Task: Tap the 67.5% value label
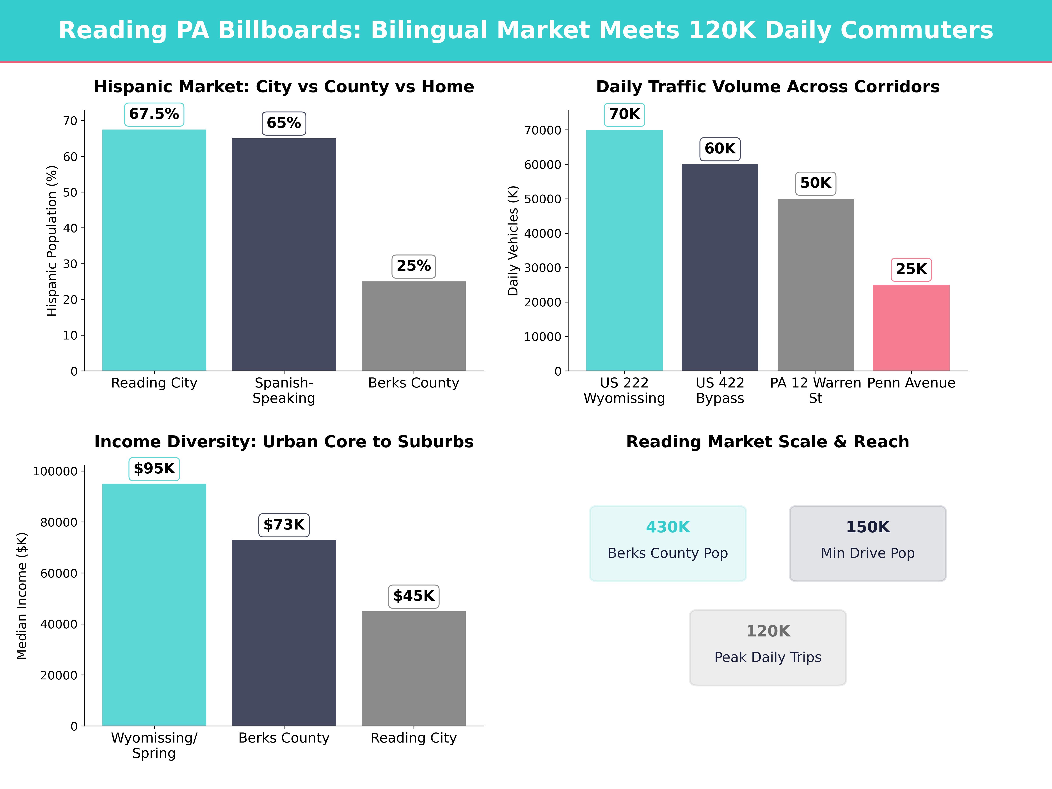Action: click(154, 114)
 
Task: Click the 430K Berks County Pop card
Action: click(668, 543)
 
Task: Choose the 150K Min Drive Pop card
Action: click(867, 543)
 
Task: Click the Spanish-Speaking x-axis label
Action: click(284, 391)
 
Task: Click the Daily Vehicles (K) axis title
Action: click(513, 241)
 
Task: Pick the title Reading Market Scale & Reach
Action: click(768, 442)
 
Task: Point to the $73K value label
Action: click(284, 524)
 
